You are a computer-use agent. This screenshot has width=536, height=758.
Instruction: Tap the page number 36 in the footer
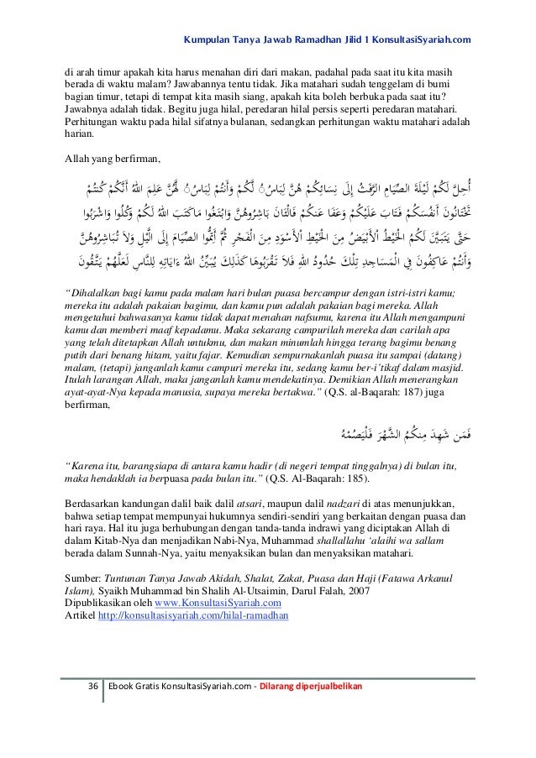[93, 687]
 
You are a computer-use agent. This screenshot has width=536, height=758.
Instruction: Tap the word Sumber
[81, 578]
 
